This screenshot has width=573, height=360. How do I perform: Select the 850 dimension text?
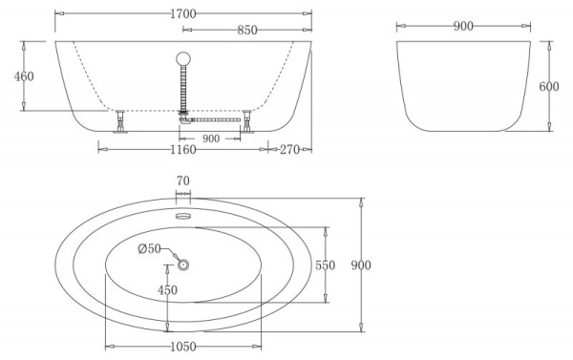246,30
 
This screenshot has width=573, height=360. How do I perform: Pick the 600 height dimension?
548,87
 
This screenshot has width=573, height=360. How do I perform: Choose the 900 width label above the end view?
464,26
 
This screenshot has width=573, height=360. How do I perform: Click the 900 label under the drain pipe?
211,138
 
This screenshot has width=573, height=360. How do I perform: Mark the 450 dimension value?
167,290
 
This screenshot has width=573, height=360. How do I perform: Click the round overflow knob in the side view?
181,56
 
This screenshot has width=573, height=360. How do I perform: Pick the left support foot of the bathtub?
120,122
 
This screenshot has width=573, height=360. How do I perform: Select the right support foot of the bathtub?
245,121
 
